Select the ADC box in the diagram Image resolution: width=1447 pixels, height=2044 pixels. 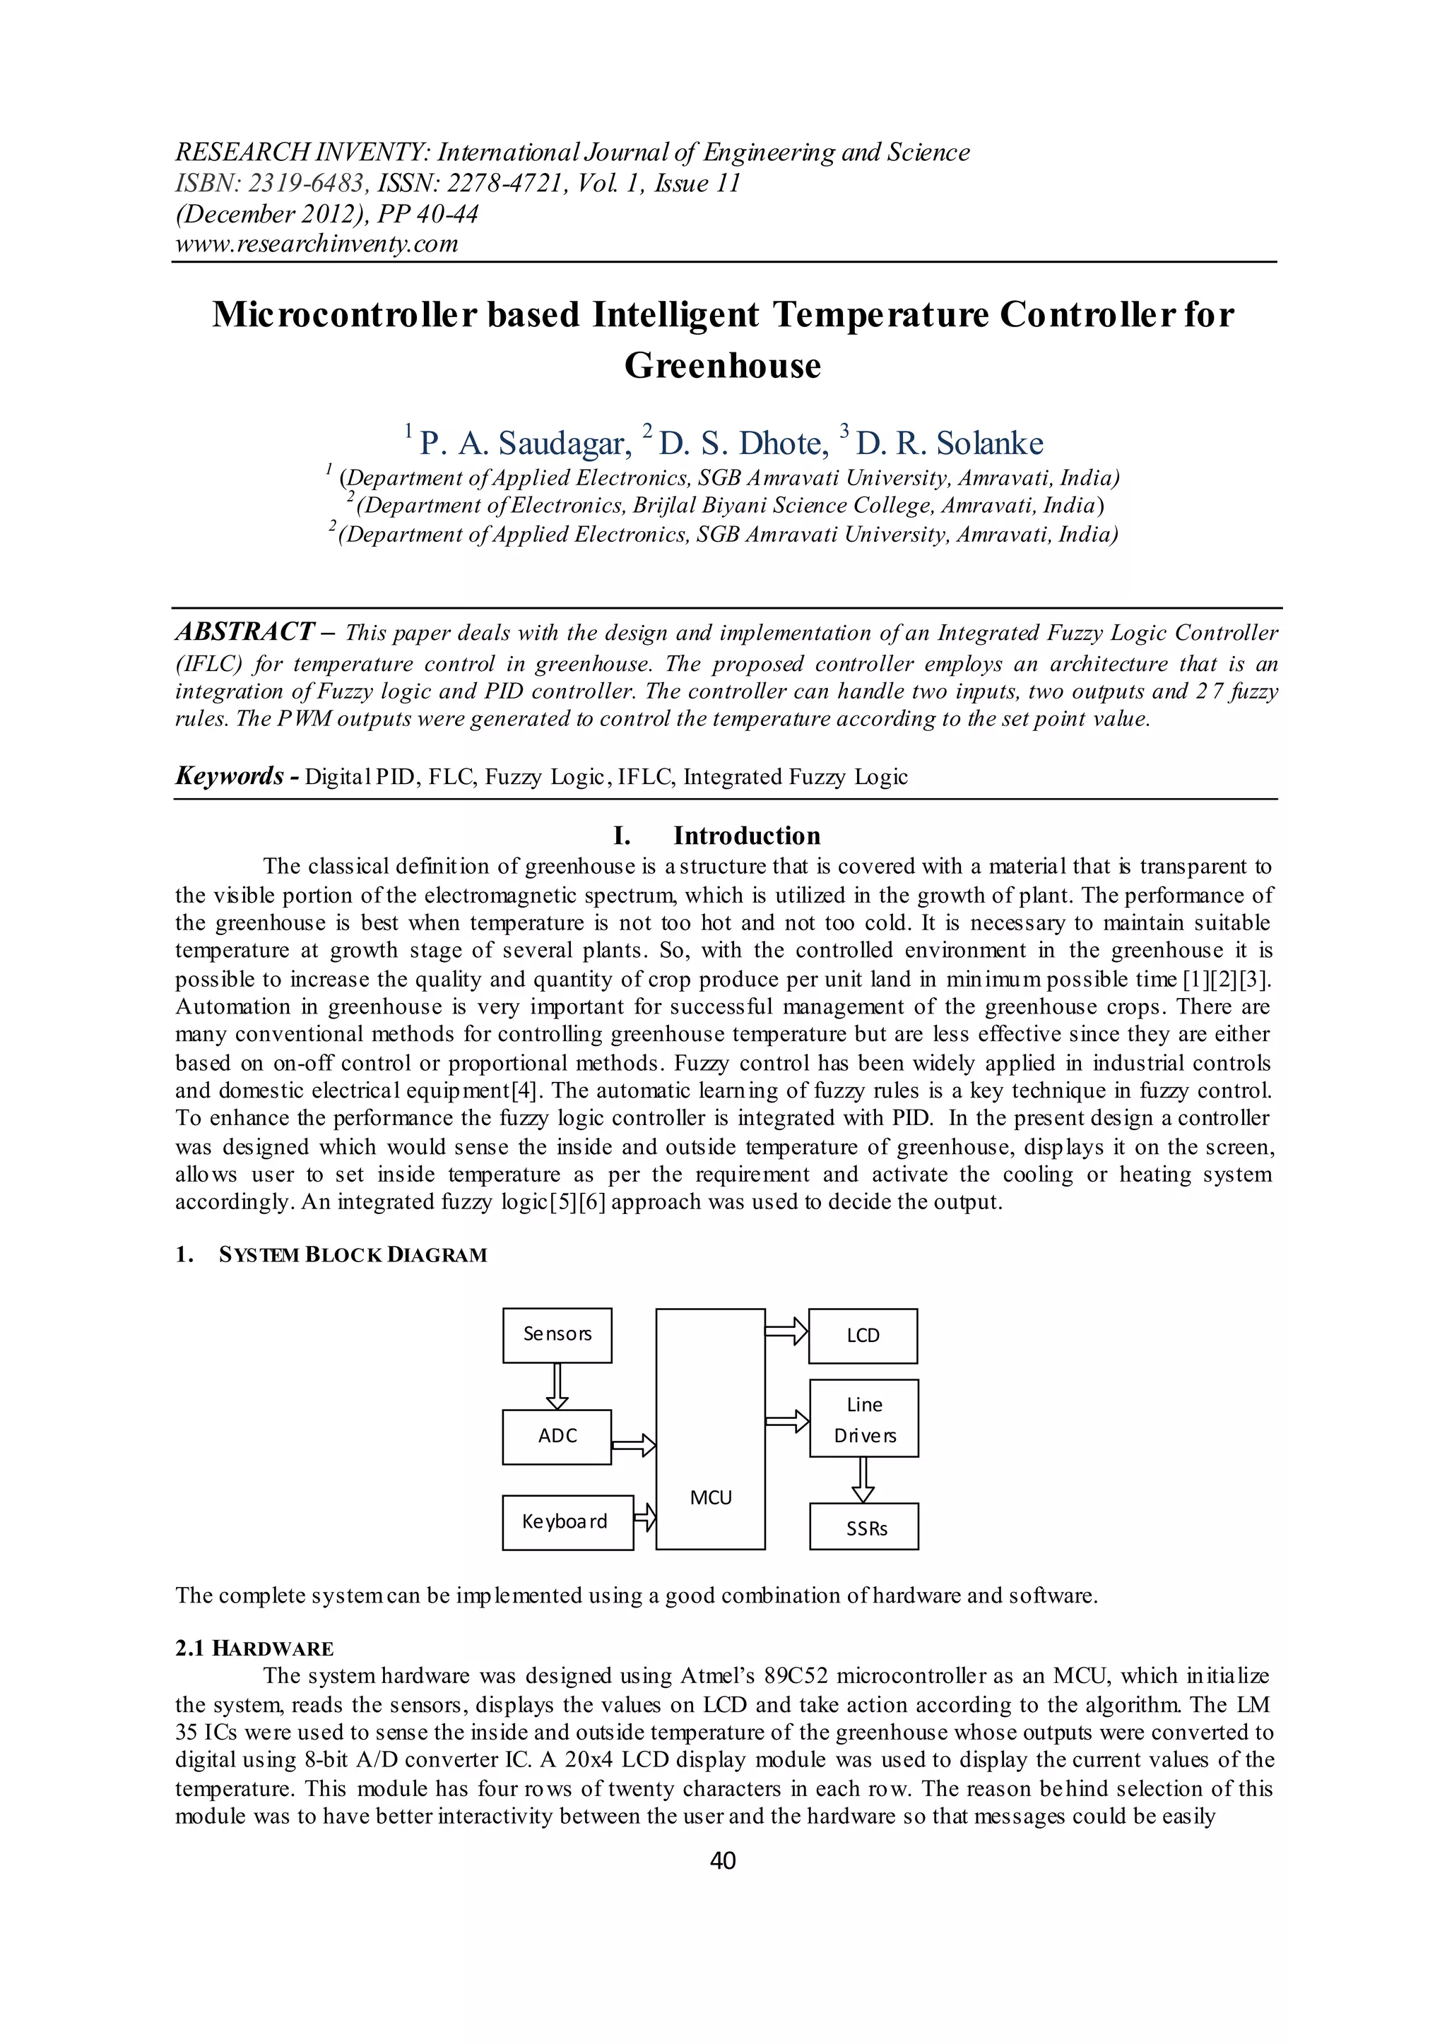557,1437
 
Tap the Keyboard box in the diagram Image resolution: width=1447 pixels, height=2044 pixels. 567,1522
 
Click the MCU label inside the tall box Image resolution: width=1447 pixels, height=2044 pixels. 710,1498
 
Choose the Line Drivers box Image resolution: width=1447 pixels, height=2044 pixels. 863,1419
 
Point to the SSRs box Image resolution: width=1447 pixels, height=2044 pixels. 863,1526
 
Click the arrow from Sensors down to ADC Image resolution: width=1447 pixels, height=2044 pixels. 557,1386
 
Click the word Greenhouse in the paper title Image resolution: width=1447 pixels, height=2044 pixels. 723,365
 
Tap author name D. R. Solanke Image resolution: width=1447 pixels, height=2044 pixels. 949,443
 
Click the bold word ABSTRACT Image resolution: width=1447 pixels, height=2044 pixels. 244,632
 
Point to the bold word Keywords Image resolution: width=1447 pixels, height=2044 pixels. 229,776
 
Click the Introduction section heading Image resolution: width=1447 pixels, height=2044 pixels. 746,836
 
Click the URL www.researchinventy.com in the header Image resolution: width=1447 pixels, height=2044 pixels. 317,243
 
